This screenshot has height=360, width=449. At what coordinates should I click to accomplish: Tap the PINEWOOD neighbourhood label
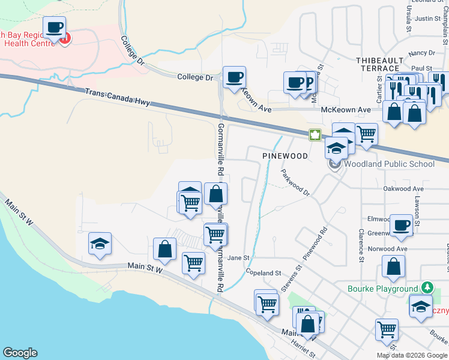[x=285, y=156]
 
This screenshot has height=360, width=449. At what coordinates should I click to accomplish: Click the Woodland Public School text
[x=389, y=164]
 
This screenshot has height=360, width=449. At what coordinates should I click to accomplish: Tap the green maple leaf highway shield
[x=315, y=134]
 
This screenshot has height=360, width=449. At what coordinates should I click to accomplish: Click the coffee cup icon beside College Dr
[x=234, y=77]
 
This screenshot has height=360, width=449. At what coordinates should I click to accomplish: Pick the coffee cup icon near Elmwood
[x=401, y=225]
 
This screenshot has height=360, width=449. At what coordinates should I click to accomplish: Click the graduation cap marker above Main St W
[x=100, y=244]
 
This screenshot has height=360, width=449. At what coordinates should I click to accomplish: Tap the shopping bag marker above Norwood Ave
[x=393, y=268]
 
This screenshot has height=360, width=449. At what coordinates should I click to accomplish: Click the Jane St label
[x=238, y=257]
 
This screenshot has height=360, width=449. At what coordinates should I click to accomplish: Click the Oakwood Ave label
[x=403, y=188]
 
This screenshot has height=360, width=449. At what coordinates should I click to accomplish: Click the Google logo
[x=20, y=353]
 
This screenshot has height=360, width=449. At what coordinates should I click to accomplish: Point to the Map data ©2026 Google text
[x=411, y=355]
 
